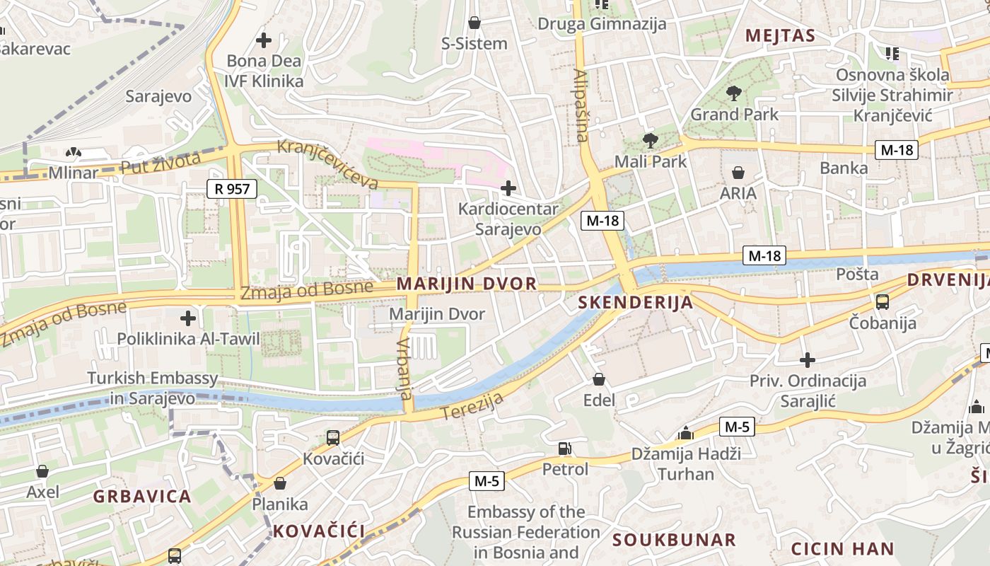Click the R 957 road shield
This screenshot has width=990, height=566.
click(x=231, y=188)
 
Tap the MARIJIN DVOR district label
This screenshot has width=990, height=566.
click(x=467, y=284)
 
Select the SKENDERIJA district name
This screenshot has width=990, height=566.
click(x=635, y=303)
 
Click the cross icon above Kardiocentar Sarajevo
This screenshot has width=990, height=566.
click(x=508, y=188)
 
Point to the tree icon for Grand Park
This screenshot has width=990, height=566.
click(x=734, y=93)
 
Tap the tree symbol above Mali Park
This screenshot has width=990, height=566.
click(x=650, y=140)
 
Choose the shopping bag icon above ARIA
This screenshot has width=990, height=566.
click(x=738, y=172)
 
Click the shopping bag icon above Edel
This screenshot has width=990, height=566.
click(x=599, y=379)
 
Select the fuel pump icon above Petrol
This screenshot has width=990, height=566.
click(x=564, y=448)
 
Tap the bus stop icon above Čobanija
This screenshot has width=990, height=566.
click(x=883, y=302)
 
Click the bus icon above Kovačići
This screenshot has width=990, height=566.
click(x=333, y=438)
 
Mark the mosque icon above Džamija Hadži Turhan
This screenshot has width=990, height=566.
click(x=685, y=433)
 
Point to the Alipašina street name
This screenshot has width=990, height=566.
click(x=581, y=105)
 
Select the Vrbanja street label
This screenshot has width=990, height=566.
click(x=404, y=368)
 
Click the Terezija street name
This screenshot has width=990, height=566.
click(x=473, y=405)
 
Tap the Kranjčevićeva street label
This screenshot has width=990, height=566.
click(x=327, y=164)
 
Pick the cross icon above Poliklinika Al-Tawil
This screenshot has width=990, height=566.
click(x=188, y=318)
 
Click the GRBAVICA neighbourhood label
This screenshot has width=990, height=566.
click(x=142, y=496)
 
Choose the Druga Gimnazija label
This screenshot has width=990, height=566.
click(x=602, y=24)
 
